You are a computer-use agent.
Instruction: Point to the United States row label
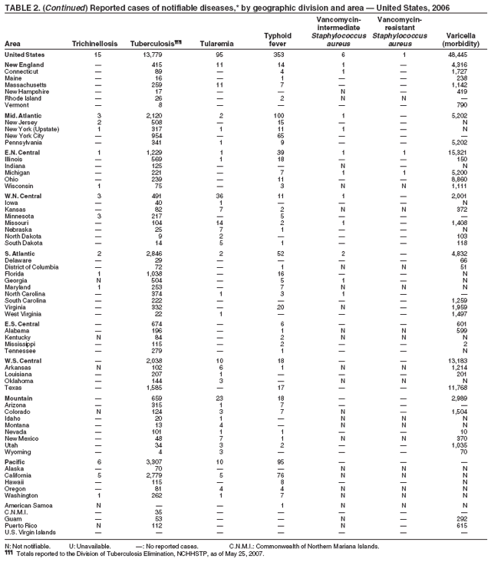(25, 55)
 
